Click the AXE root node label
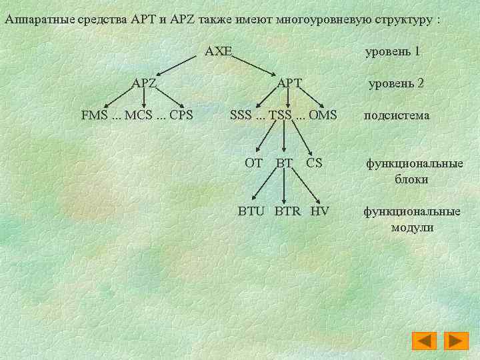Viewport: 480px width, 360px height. (x=218, y=51)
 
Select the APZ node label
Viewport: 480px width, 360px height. (x=144, y=83)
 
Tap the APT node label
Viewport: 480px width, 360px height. (x=289, y=83)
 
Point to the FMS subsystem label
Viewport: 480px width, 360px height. (x=94, y=115)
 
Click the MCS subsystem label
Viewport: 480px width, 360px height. (x=139, y=115)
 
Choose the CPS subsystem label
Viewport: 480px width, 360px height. (x=181, y=115)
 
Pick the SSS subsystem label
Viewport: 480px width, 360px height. (x=241, y=115)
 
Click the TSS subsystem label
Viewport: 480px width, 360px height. (x=284, y=115)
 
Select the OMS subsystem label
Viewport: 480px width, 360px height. (x=323, y=115)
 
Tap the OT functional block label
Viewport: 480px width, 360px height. (x=253, y=163)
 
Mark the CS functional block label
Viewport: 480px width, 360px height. (x=314, y=163)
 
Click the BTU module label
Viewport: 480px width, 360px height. (x=252, y=211)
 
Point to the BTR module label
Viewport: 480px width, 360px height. (x=287, y=211)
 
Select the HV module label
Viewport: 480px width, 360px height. (x=320, y=211)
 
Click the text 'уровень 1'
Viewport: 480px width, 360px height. (x=393, y=51)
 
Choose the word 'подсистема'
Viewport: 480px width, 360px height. (x=396, y=115)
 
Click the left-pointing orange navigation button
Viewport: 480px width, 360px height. (x=424, y=341)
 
